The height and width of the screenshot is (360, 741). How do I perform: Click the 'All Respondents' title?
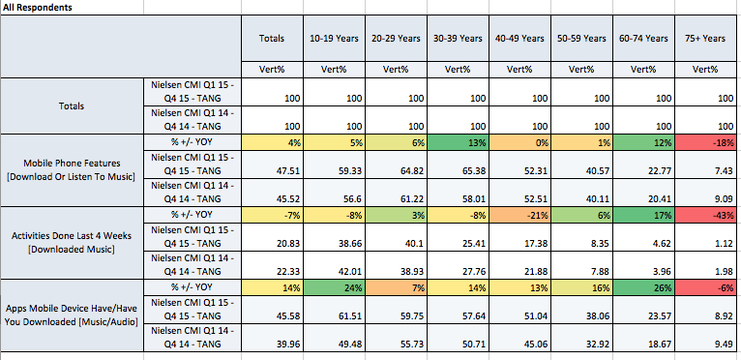(38, 8)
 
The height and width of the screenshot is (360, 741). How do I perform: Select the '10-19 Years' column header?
(334, 39)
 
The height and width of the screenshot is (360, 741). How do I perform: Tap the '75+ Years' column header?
(705, 39)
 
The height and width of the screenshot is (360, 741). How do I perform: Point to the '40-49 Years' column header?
(519, 39)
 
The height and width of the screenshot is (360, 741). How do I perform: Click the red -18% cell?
(705, 142)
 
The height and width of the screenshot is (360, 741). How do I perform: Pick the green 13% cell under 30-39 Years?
(458, 142)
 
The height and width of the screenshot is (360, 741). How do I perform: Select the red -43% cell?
(705, 215)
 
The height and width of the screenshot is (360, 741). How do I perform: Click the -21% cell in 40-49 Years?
(519, 215)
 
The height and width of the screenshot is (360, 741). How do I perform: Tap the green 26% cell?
(643, 287)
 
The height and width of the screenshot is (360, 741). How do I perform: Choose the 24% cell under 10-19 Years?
(334, 287)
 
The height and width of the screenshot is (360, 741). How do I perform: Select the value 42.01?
(349, 272)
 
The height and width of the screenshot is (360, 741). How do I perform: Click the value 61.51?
(349, 315)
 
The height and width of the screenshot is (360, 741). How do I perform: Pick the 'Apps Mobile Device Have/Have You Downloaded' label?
(73, 315)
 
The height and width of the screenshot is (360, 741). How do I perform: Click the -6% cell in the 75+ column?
(705, 287)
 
